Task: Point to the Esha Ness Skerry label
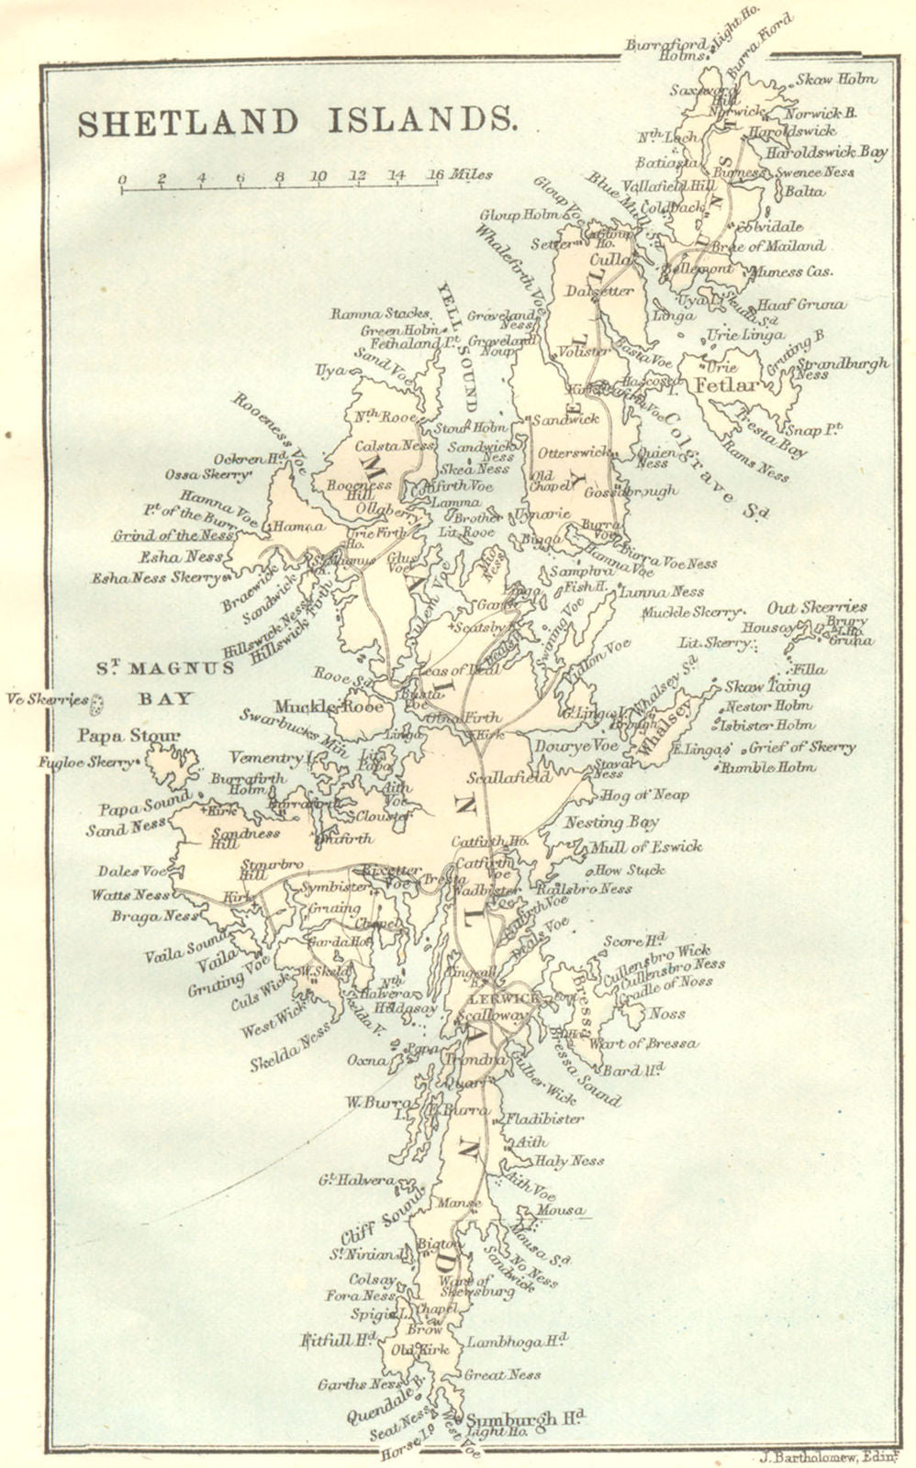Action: [156, 579]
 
